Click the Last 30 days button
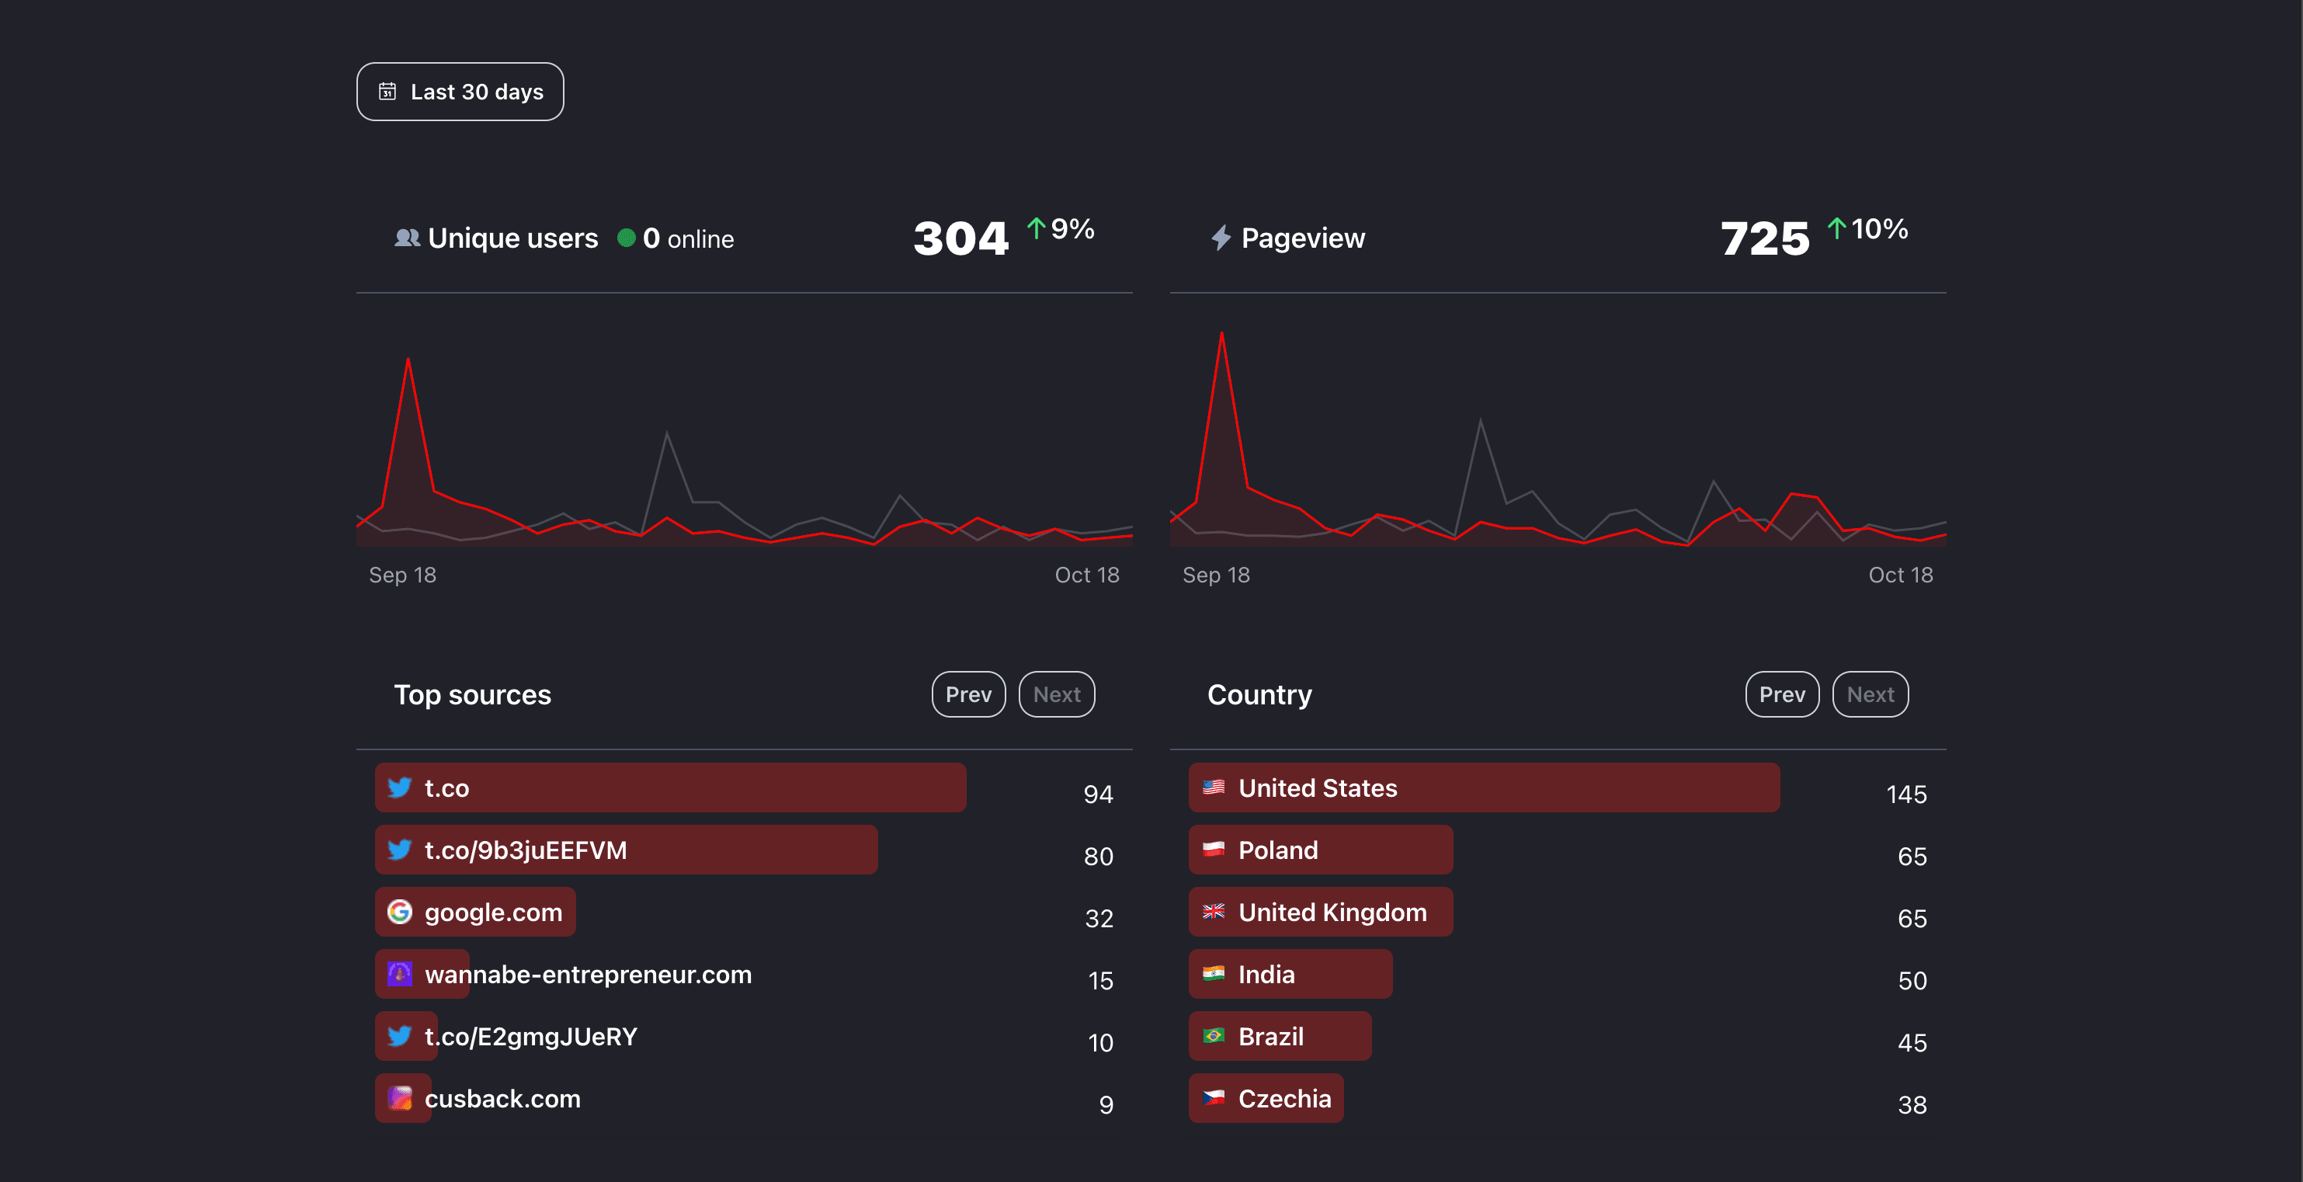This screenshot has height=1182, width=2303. click(460, 91)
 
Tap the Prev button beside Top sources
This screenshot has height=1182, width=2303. click(968, 695)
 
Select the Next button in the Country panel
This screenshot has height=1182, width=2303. click(1870, 695)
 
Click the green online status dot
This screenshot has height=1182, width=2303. click(627, 238)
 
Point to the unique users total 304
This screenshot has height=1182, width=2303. click(960, 238)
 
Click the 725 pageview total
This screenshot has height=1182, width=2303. click(1765, 238)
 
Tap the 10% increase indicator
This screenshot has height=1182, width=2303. click(1867, 229)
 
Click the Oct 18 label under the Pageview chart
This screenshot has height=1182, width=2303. click(1900, 575)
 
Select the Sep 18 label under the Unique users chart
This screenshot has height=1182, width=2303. click(402, 575)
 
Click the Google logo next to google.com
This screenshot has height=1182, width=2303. click(400, 912)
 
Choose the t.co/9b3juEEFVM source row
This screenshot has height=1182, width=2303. click(626, 850)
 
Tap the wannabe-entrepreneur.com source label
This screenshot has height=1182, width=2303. click(587, 975)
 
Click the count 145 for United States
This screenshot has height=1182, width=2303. click(1906, 794)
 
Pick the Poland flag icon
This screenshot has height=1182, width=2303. click(1213, 850)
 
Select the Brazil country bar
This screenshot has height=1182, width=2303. click(1278, 1036)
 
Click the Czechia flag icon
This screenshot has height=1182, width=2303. click(1213, 1098)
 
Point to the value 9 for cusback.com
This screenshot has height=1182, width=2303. click(1106, 1105)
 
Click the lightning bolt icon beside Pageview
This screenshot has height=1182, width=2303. click(1221, 238)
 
